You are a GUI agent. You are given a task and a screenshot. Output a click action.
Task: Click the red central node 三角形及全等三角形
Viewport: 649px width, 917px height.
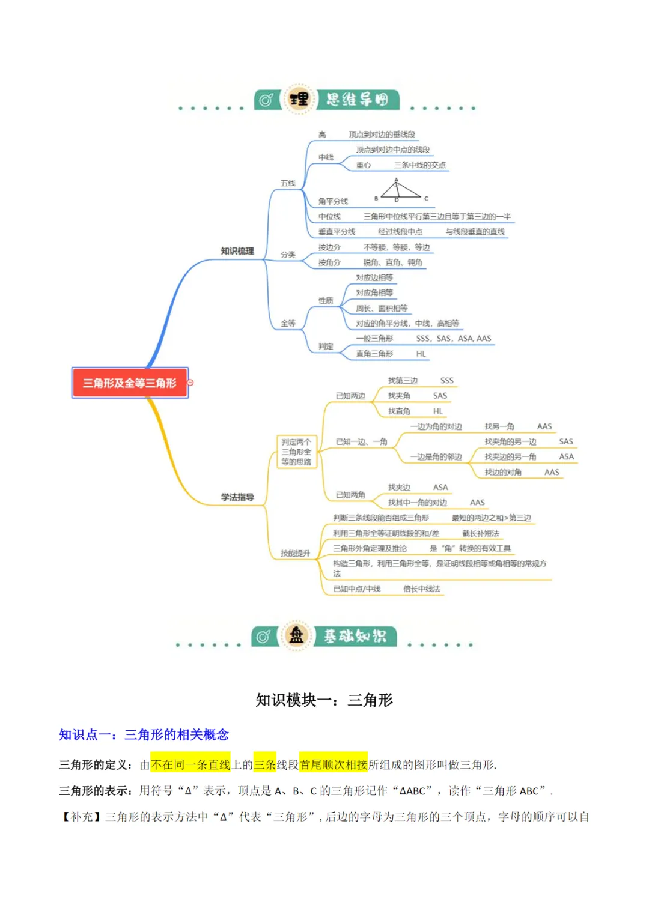(x=130, y=383)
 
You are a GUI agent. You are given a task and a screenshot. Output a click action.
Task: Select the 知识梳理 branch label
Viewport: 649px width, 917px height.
(x=237, y=251)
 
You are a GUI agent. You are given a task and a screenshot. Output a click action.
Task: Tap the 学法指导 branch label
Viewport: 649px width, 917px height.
(x=237, y=497)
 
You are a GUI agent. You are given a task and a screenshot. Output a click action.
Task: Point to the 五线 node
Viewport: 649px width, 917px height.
(x=288, y=183)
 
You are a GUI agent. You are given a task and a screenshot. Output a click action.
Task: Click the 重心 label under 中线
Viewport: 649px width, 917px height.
(x=364, y=165)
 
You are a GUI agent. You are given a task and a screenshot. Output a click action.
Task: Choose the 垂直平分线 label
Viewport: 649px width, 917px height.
(x=337, y=232)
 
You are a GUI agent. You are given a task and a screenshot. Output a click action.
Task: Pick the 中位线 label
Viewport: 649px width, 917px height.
(x=329, y=217)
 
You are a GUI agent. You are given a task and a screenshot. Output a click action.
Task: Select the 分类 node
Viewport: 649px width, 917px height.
(x=288, y=255)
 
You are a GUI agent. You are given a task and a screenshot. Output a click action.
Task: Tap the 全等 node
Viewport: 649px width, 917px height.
(x=288, y=324)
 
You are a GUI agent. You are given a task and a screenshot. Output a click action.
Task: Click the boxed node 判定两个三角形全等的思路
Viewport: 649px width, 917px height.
(x=296, y=452)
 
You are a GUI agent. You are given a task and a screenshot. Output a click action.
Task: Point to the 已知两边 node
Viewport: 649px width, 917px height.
(x=350, y=396)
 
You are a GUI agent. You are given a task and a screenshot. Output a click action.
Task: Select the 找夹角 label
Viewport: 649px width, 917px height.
(x=399, y=396)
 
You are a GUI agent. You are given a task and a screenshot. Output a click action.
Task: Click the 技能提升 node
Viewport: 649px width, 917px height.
(x=295, y=553)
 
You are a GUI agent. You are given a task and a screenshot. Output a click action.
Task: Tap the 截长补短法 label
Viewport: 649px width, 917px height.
(x=481, y=533)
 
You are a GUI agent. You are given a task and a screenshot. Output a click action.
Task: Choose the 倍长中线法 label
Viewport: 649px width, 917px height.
(x=422, y=589)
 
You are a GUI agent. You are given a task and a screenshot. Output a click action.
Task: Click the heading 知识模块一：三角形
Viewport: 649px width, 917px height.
(x=324, y=700)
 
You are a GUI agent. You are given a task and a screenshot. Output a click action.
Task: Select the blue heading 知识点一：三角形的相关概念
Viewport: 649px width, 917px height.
(x=144, y=734)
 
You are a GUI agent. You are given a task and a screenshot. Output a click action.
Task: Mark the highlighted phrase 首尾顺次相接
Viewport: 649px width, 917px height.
(x=334, y=764)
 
